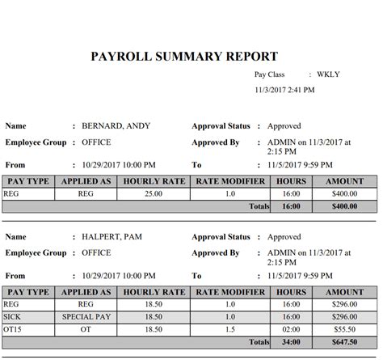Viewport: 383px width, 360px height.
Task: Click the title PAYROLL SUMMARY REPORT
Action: [185, 57]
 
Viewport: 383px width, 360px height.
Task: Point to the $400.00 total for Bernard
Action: [344, 206]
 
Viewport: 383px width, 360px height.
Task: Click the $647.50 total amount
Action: [344, 343]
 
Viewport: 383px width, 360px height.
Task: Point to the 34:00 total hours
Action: [291, 343]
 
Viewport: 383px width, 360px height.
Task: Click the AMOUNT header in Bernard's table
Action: [344, 181]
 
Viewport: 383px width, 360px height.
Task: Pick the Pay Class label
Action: [271, 74]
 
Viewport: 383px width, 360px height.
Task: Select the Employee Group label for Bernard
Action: [36, 142]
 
